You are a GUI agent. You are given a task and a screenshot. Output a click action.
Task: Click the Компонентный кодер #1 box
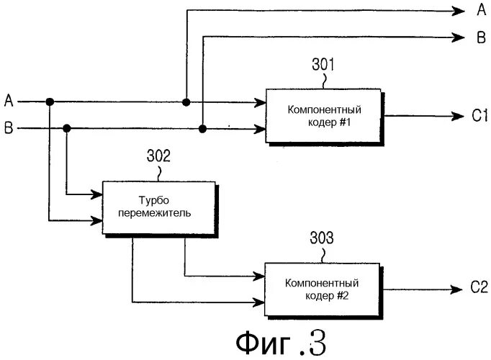pyautogui.click(x=323, y=116)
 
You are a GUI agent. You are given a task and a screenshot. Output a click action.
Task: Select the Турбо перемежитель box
pyautogui.click(x=158, y=208)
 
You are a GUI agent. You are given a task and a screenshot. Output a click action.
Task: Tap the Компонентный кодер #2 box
pyautogui.click(x=323, y=289)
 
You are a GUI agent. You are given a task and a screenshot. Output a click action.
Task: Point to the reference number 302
pyautogui.click(x=158, y=156)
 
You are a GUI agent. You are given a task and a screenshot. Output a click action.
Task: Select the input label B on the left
pyautogui.click(x=8, y=128)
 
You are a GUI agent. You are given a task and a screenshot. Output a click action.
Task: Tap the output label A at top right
pyautogui.click(x=480, y=10)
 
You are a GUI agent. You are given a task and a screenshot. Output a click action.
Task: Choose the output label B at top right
pyautogui.click(x=480, y=37)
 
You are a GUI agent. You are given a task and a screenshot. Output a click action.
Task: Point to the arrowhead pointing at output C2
pyautogui.click(x=456, y=289)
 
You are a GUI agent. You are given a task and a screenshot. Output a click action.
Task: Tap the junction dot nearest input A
pyautogui.click(x=49, y=102)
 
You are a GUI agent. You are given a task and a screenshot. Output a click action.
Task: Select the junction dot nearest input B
pyautogui.click(x=67, y=129)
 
